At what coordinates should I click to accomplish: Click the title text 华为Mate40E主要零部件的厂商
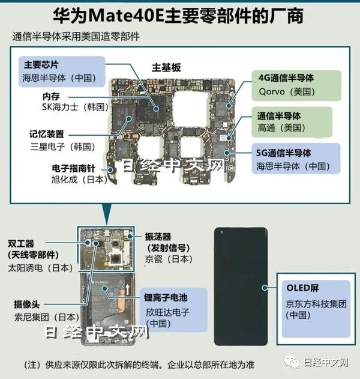tap(178, 16)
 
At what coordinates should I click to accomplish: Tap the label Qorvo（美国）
tap(287, 92)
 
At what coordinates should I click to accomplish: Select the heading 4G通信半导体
tap(286, 78)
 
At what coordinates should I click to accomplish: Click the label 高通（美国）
tap(282, 127)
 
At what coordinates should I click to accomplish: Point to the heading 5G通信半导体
tap(284, 153)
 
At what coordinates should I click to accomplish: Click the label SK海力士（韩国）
tap(76, 107)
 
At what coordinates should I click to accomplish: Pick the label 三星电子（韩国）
tap(63, 147)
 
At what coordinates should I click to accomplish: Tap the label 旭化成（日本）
tap(79, 180)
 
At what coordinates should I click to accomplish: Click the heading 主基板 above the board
tap(166, 67)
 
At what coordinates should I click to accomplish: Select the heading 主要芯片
tap(41, 65)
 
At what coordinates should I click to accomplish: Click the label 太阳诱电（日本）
tap(41, 268)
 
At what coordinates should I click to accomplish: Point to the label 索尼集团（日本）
tap(47, 317)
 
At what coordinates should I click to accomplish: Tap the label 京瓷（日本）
tap(169, 259)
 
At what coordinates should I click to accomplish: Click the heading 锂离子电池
tap(166, 297)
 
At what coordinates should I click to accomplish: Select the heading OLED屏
tap(302, 288)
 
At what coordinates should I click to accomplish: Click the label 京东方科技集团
tap(316, 304)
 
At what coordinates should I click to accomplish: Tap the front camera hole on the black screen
tap(221, 232)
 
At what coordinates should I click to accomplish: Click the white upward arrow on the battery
tap(127, 290)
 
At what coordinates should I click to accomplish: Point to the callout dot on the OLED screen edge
tap(265, 288)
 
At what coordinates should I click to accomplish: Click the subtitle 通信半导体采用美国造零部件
tap(76, 37)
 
